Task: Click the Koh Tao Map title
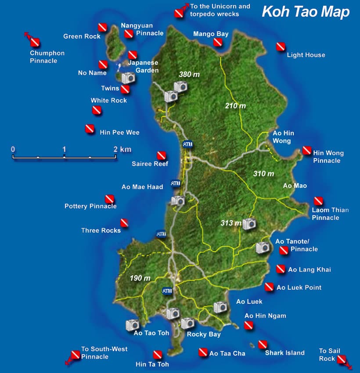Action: [306, 12]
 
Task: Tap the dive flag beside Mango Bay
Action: [218, 42]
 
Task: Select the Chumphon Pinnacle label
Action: [47, 57]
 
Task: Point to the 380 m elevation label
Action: [189, 74]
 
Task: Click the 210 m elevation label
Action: [235, 106]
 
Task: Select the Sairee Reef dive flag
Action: [162, 155]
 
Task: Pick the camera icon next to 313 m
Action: [249, 223]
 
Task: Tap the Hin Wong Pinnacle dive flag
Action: [307, 151]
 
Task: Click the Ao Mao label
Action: [295, 186]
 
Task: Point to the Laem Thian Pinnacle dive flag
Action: [318, 201]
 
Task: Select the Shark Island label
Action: [284, 353]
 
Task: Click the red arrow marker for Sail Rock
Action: [342, 360]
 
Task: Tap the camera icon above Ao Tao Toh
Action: [133, 325]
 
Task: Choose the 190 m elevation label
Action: [140, 278]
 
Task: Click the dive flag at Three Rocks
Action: [124, 223]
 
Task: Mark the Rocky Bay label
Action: [204, 334]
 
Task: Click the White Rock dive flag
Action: [97, 111]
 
